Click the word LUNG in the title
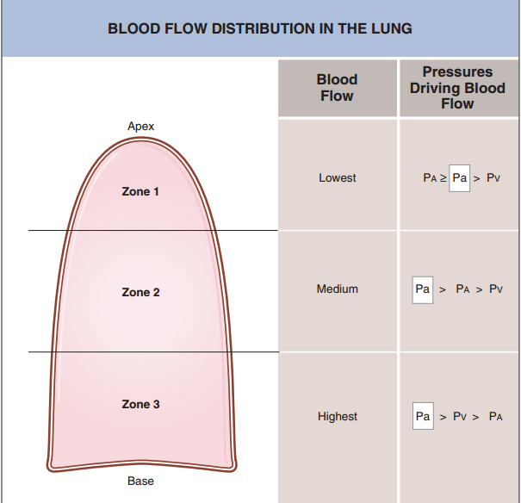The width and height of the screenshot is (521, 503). [392, 28]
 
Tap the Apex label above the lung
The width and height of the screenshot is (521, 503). [141, 127]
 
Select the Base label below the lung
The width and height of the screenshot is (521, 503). [140, 481]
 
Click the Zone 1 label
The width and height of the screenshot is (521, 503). [140, 191]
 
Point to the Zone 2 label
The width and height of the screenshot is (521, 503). [140, 292]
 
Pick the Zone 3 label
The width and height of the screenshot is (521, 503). [140, 404]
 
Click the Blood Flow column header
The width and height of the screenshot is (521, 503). [337, 88]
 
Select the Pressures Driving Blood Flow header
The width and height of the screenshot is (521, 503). [457, 88]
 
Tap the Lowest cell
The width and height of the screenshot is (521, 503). [338, 177]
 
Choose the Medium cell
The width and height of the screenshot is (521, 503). [338, 289]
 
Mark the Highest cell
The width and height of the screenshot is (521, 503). [338, 416]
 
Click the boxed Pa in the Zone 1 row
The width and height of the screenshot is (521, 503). [460, 178]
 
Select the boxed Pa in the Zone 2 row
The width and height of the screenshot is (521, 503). [423, 289]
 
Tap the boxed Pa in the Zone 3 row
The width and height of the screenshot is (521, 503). [423, 416]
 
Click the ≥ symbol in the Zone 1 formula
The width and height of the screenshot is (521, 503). [443, 178]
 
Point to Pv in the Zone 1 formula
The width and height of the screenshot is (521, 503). [493, 178]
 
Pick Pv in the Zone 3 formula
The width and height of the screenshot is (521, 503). [460, 416]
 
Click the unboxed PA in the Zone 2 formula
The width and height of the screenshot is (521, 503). [462, 289]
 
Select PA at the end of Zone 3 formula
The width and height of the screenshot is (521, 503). [496, 416]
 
